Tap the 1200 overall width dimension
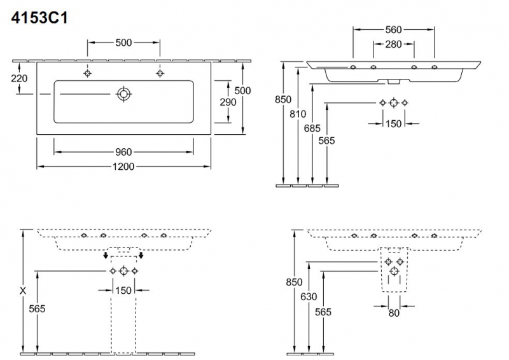tap(123, 167)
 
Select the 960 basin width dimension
tap(123, 152)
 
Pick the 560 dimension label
tap(394, 29)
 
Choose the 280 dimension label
tap(394, 44)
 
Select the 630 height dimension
tap(309, 297)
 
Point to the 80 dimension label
tap(394, 313)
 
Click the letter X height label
tap(23, 290)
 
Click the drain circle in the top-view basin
tap(123, 95)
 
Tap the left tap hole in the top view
tap(88, 73)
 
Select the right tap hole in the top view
tap(159, 73)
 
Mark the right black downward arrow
tap(141, 256)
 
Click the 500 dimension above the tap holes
tap(123, 43)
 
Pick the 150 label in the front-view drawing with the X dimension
tap(123, 291)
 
